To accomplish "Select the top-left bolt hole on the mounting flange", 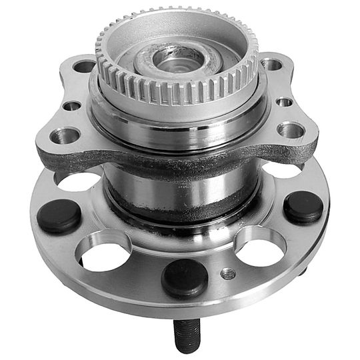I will (x=84, y=66).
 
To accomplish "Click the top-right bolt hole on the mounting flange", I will (x=271, y=64).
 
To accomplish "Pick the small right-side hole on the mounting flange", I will (x=284, y=102).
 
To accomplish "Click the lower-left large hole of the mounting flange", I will (x=65, y=135).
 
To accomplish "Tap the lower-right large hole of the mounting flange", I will (x=291, y=129).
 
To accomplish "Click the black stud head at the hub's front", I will (x=184, y=278).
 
